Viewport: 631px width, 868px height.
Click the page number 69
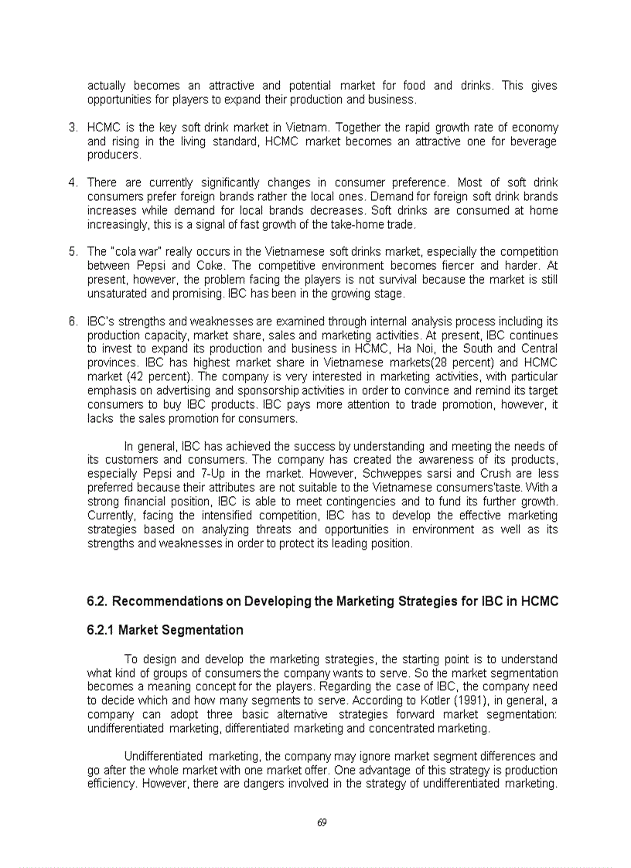point(322,822)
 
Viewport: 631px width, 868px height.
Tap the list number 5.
point(73,252)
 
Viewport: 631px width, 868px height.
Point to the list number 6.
point(73,322)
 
